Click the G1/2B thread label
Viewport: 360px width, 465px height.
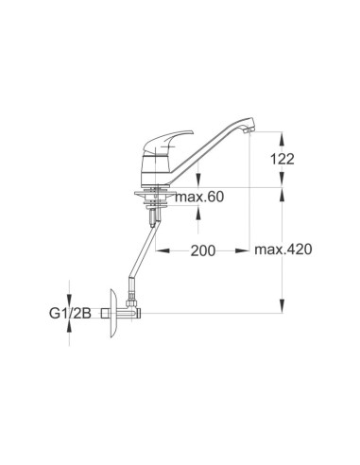pyautogui.click(x=70, y=313)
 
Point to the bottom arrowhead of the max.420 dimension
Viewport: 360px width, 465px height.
pyautogui.click(x=282, y=310)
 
